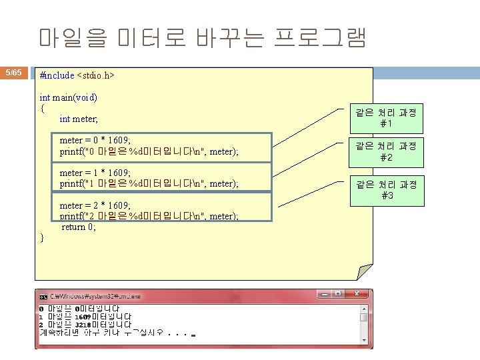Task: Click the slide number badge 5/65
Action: [x=13, y=72]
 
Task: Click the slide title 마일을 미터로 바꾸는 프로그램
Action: [x=202, y=37]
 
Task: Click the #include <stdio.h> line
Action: [x=77, y=75]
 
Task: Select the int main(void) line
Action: [x=69, y=97]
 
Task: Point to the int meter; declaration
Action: [x=79, y=119]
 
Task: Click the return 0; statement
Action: [x=79, y=227]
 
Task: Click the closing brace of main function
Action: [x=42, y=237]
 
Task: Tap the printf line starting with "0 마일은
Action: [x=149, y=152]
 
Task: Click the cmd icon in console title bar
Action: [x=43, y=295]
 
